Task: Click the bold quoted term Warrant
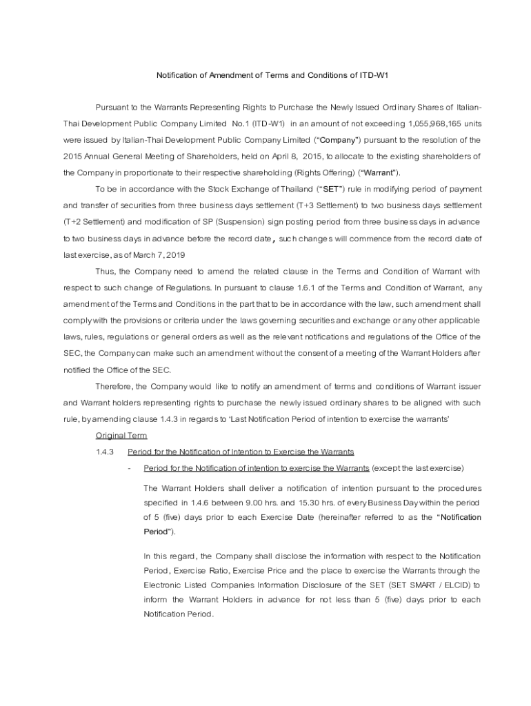pyautogui.click(x=379, y=173)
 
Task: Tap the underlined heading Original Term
pyautogui.click(x=121, y=436)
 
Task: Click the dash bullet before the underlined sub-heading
pyautogui.click(x=130, y=469)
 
